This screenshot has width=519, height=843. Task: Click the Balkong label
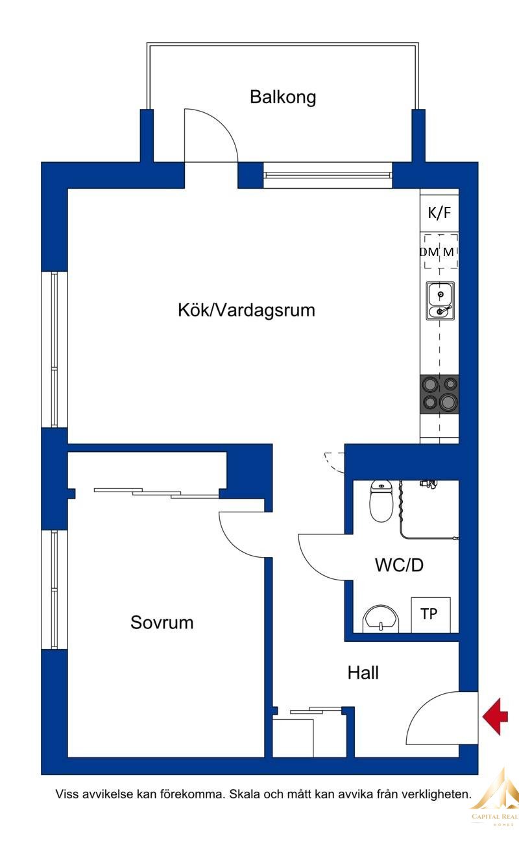(x=283, y=97)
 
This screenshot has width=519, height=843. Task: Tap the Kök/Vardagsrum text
(x=247, y=311)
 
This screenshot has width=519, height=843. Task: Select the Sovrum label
(x=162, y=623)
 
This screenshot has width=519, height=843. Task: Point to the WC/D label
(x=399, y=565)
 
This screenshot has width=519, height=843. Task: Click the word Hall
(x=363, y=672)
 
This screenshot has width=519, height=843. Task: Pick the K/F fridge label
(x=439, y=213)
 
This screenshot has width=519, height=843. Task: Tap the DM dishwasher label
(x=429, y=252)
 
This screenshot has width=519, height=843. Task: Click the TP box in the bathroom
(x=431, y=615)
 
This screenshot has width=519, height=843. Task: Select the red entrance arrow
(x=495, y=717)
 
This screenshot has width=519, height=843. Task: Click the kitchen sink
(x=440, y=301)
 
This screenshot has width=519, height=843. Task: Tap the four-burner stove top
(x=440, y=394)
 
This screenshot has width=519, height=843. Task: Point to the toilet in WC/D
(x=382, y=501)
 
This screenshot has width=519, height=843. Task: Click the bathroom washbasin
(x=380, y=619)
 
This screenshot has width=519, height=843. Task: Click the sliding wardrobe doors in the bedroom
(x=156, y=493)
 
